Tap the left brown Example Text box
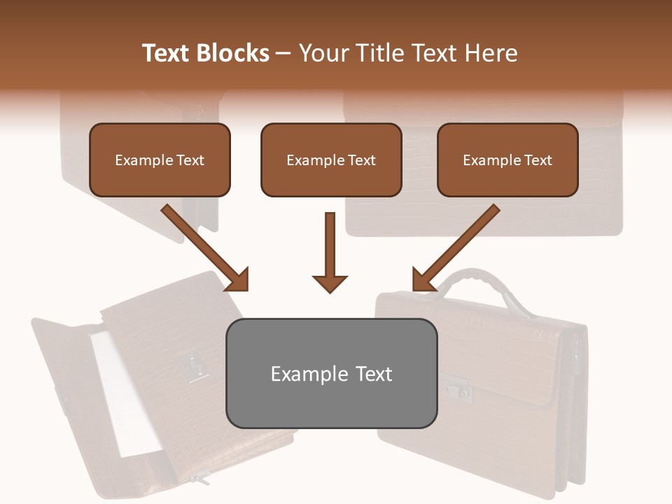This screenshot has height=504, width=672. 160,160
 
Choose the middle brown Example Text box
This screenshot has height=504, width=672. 331,160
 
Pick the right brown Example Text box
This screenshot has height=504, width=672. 507,160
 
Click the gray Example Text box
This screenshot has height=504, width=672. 331,373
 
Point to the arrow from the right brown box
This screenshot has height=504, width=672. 455,248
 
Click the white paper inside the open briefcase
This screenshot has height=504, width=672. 126,392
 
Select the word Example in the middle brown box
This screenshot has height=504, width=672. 309,160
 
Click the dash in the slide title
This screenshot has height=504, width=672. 283,54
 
